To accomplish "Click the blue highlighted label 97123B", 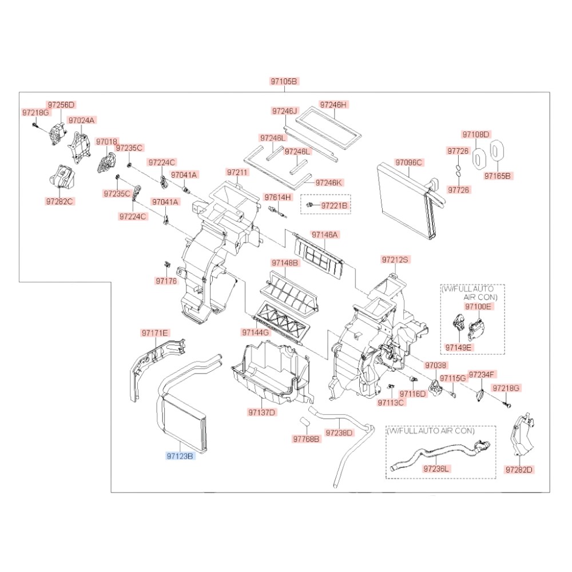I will [180, 456].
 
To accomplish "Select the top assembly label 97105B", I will [284, 82].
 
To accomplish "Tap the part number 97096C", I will [408, 162].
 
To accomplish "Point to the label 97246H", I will [333, 105].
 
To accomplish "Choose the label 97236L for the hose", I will [437, 468].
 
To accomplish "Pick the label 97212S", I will [396, 260].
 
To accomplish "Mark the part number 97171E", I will [155, 332].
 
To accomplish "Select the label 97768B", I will [307, 439].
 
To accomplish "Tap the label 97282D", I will [519, 470].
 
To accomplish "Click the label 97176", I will [166, 281].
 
